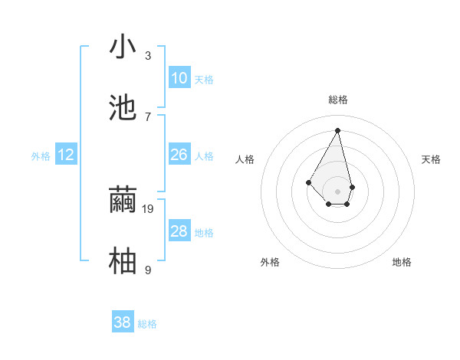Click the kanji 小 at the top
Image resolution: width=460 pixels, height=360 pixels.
coord(123,47)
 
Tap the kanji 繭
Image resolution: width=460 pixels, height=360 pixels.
coord(123,199)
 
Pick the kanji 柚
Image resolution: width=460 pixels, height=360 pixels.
coord(123,260)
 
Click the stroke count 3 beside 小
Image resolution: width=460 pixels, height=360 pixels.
coord(148,56)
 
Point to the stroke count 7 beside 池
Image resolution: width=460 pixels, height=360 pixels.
coord(148,116)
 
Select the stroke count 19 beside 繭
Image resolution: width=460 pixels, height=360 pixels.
coord(149,208)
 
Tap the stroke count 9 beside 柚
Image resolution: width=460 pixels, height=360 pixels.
coord(148,270)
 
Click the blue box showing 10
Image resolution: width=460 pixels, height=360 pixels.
coord(179,78)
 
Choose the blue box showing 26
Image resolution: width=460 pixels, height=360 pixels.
coord(179,155)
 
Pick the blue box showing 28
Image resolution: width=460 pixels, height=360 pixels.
coord(179,231)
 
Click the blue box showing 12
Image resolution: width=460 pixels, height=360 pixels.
coord(66,155)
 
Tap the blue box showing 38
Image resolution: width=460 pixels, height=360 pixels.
coord(123,322)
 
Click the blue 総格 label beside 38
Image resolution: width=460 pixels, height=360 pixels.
coord(147,324)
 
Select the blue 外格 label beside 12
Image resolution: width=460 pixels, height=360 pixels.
coord(41,156)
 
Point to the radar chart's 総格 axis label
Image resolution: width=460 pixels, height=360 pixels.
coord(338,100)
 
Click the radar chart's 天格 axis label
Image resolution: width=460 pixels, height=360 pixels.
coord(432,159)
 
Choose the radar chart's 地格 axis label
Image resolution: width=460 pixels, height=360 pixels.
coord(402,262)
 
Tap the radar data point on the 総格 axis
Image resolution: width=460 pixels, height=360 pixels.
coord(338,130)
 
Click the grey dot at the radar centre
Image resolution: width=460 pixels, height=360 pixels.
coord(338,191)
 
